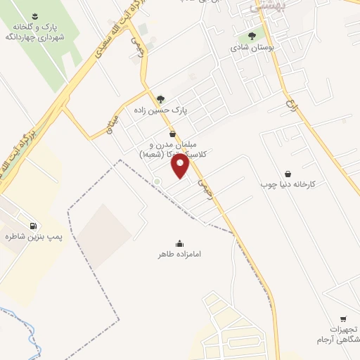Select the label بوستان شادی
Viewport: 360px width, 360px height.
click(252, 49)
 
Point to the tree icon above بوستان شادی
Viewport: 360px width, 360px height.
click(252, 37)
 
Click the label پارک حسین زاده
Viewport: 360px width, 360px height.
click(162, 110)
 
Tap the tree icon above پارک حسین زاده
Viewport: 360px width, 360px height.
click(162, 98)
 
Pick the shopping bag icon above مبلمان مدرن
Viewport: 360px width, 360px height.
click(172, 134)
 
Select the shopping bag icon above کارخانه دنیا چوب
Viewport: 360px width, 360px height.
click(288, 172)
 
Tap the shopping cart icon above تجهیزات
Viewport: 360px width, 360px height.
click(342, 319)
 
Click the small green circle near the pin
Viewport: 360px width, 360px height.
click(157, 183)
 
